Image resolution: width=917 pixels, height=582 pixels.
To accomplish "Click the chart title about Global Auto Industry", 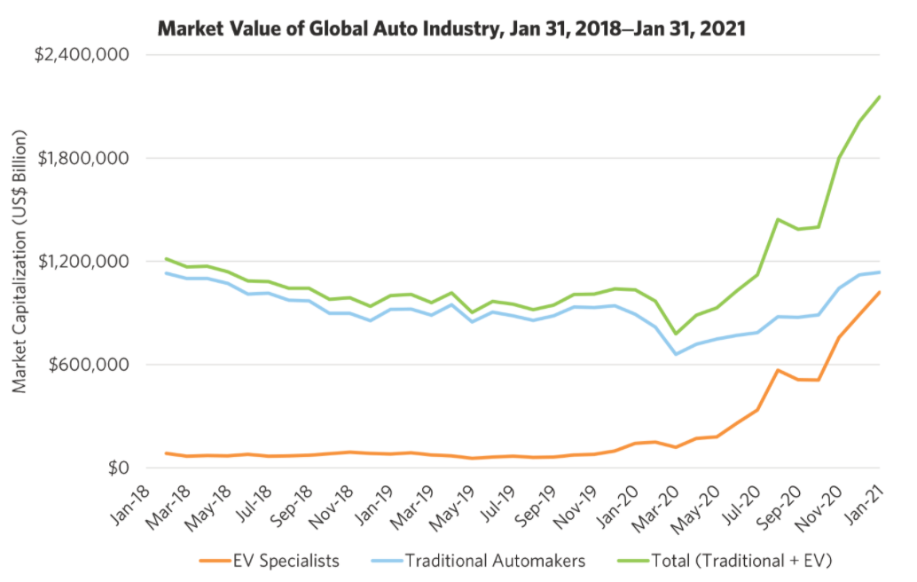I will [451, 28].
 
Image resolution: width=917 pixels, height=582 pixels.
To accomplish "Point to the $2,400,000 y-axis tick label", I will [81, 55].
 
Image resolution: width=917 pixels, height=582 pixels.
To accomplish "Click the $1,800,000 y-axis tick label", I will [81, 158].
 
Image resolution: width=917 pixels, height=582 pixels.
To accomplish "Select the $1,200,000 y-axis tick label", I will [81, 262].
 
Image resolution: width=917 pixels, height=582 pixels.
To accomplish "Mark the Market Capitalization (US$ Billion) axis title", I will [20, 262].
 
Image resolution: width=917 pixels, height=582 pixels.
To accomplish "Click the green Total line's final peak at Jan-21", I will [879, 97].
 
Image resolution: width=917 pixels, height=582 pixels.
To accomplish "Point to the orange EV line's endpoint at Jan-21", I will [879, 292].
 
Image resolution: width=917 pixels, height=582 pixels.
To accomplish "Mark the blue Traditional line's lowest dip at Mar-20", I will [677, 354].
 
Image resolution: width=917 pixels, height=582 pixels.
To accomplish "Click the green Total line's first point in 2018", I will [166, 259].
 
